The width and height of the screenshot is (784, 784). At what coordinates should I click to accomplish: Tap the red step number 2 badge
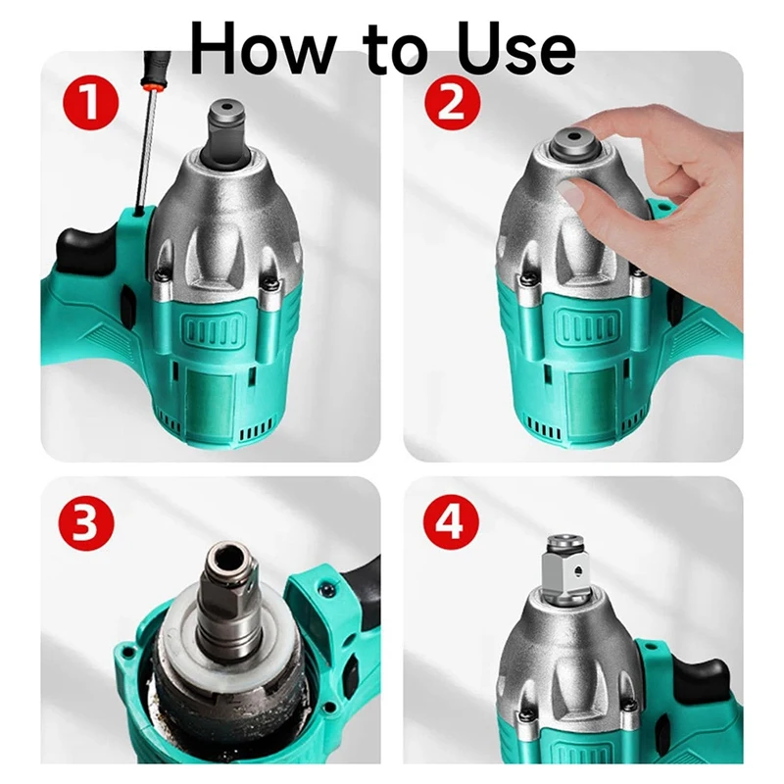(x=452, y=105)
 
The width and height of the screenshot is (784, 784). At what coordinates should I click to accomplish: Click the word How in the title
(x=262, y=48)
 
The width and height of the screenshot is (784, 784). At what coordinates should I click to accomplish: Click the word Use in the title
(x=517, y=48)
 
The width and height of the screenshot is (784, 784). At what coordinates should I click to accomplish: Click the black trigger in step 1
(x=85, y=249)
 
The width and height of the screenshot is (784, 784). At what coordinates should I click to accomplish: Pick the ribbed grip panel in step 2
(x=586, y=326)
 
